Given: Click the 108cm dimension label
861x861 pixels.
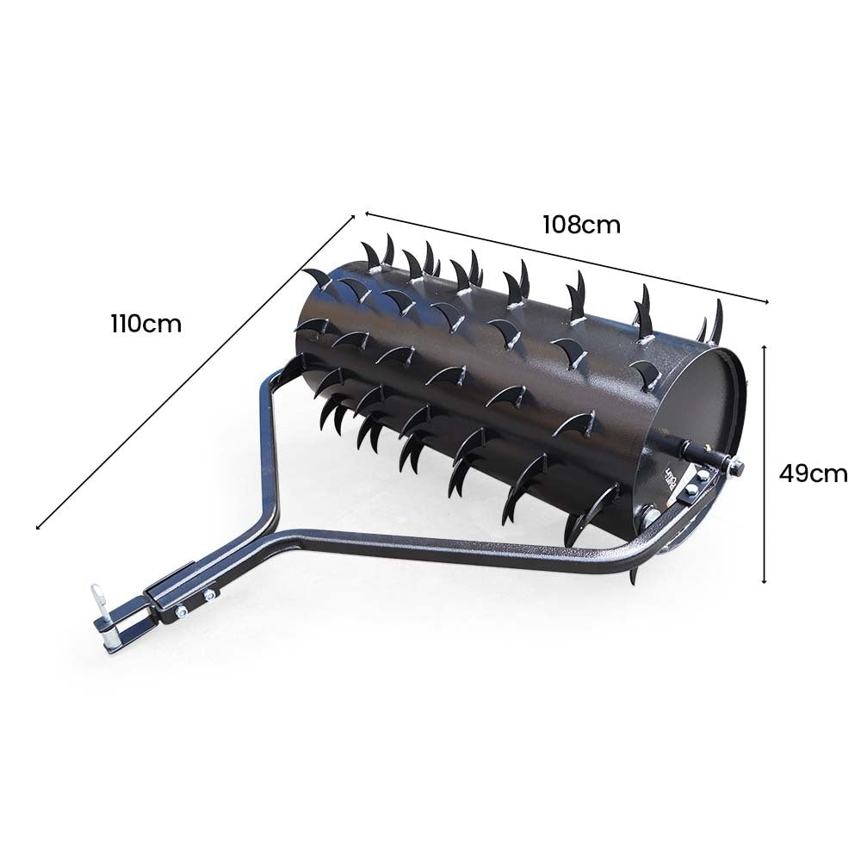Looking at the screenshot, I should point(581,225).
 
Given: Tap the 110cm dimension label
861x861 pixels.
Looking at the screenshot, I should point(146,325).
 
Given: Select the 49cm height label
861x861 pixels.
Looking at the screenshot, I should point(813,474).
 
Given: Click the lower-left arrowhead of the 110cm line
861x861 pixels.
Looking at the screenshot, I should point(39,527).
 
